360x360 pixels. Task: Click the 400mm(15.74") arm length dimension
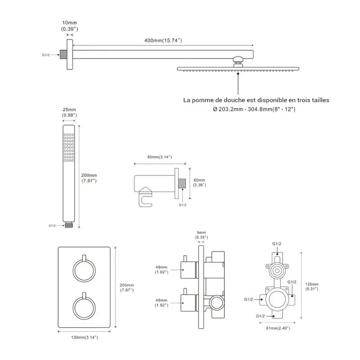pos(162,40)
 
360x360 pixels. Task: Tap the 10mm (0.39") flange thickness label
pos(70,26)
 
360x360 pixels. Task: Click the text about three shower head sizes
pos(256,100)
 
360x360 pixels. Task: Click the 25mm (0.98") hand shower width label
pos(70,112)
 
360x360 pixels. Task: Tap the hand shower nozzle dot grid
pos(68,146)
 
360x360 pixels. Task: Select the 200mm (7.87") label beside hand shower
pos(90,178)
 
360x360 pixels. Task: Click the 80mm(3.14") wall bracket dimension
pos(159,157)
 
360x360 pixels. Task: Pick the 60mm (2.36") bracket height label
pos(199,182)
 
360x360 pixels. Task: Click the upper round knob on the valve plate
pos(84,270)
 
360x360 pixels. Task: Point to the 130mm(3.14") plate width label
pos(84,337)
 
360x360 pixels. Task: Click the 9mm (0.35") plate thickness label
pos(201,234)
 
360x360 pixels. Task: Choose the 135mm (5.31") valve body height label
pos(311,286)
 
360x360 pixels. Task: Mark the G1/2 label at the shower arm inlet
pos(45,55)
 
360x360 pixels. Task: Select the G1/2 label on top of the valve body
pos(277,243)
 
